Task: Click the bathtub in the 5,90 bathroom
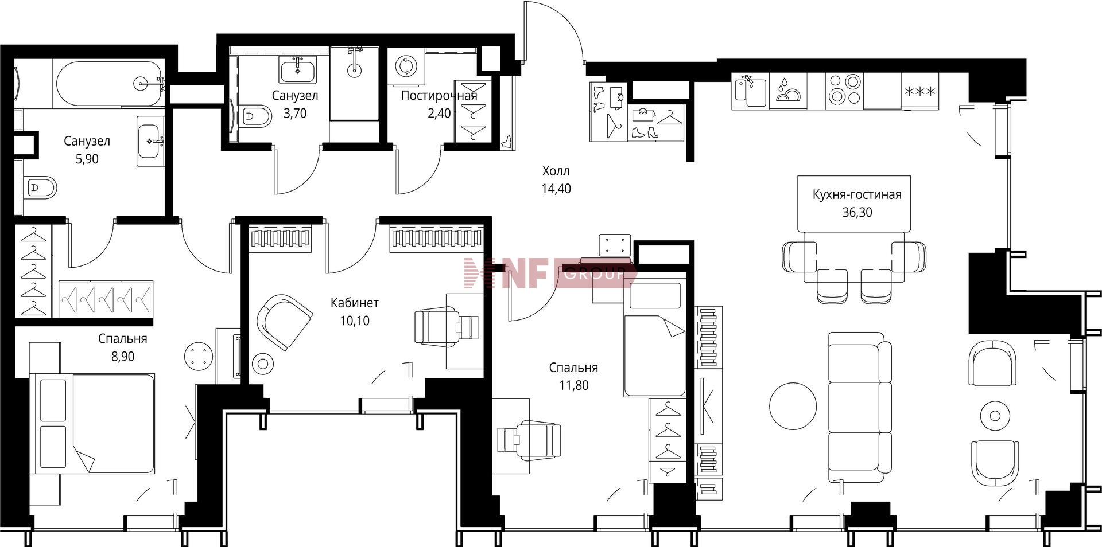108,84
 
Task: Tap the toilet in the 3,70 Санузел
257,117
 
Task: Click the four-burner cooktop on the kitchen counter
844,91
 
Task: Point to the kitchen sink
750,91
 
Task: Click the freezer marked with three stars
919,91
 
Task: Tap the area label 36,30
857,212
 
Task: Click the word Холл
556,170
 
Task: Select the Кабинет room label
355,302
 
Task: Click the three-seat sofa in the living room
860,407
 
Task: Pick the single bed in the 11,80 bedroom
655,335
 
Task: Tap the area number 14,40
556,188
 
